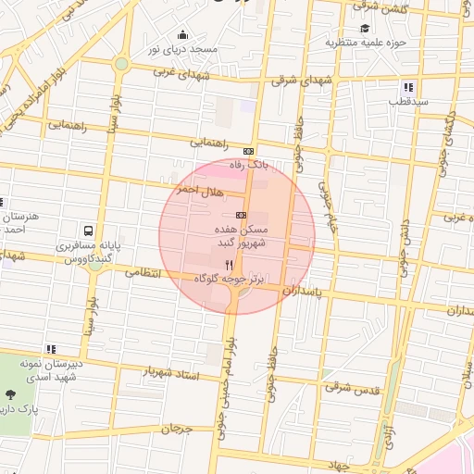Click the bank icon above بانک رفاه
click(248, 152)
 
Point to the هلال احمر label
click(195, 190)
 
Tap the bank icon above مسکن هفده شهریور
click(242, 215)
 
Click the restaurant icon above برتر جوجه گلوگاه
click(229, 264)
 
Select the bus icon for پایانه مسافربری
click(88, 230)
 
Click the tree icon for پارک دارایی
click(9, 395)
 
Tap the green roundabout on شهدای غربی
click(121, 64)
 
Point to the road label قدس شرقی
click(353, 388)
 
